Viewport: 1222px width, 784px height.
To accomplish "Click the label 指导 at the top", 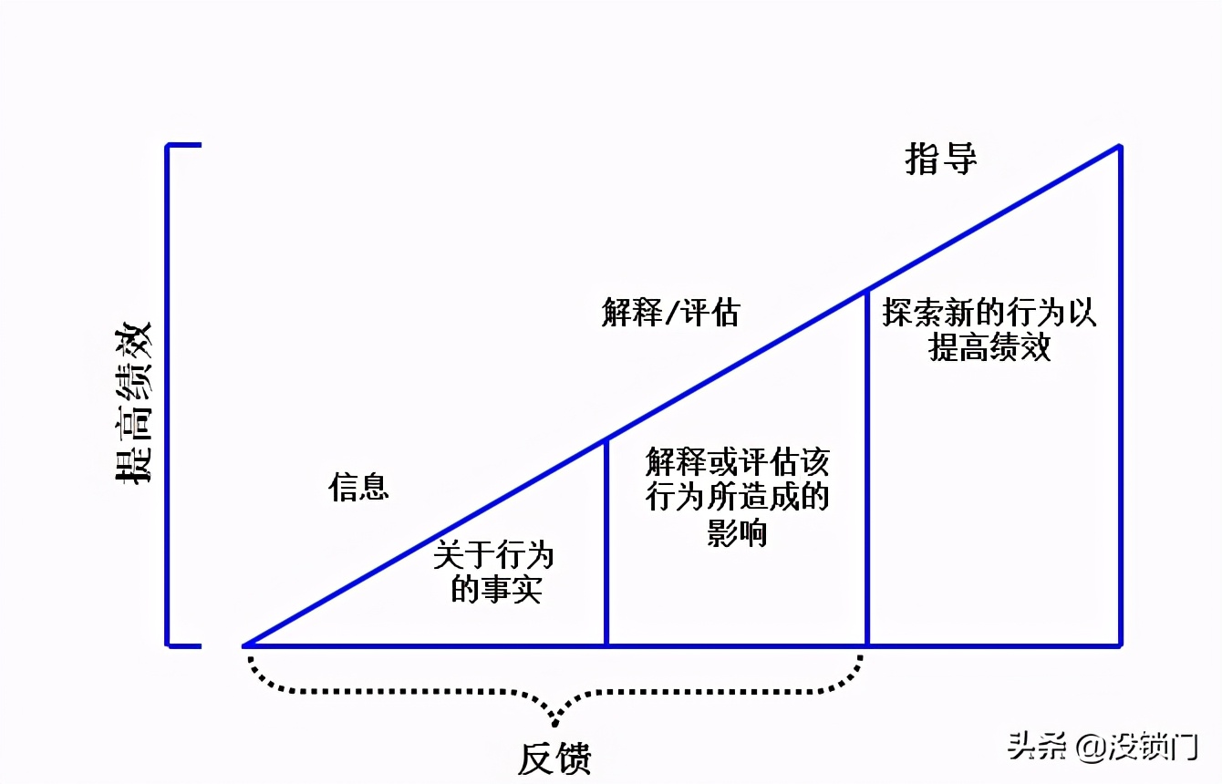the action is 940,159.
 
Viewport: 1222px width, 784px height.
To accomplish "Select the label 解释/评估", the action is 670,313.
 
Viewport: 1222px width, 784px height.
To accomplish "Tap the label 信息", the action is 358,487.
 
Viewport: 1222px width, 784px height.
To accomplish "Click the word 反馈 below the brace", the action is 554,758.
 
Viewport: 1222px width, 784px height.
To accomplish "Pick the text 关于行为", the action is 493,555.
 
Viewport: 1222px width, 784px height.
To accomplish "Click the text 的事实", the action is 496,590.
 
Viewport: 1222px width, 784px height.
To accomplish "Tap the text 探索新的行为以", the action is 989,314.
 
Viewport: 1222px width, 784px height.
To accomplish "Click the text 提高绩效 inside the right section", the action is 989,347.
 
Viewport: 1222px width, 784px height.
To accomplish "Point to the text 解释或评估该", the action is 737,462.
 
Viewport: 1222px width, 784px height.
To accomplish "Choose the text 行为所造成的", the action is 737,498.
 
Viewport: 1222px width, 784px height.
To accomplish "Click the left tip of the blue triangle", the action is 245,645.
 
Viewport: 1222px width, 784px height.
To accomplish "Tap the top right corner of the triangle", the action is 1119,146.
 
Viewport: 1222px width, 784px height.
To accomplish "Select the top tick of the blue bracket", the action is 182,145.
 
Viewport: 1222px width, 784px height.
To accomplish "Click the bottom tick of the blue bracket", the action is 182,645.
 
